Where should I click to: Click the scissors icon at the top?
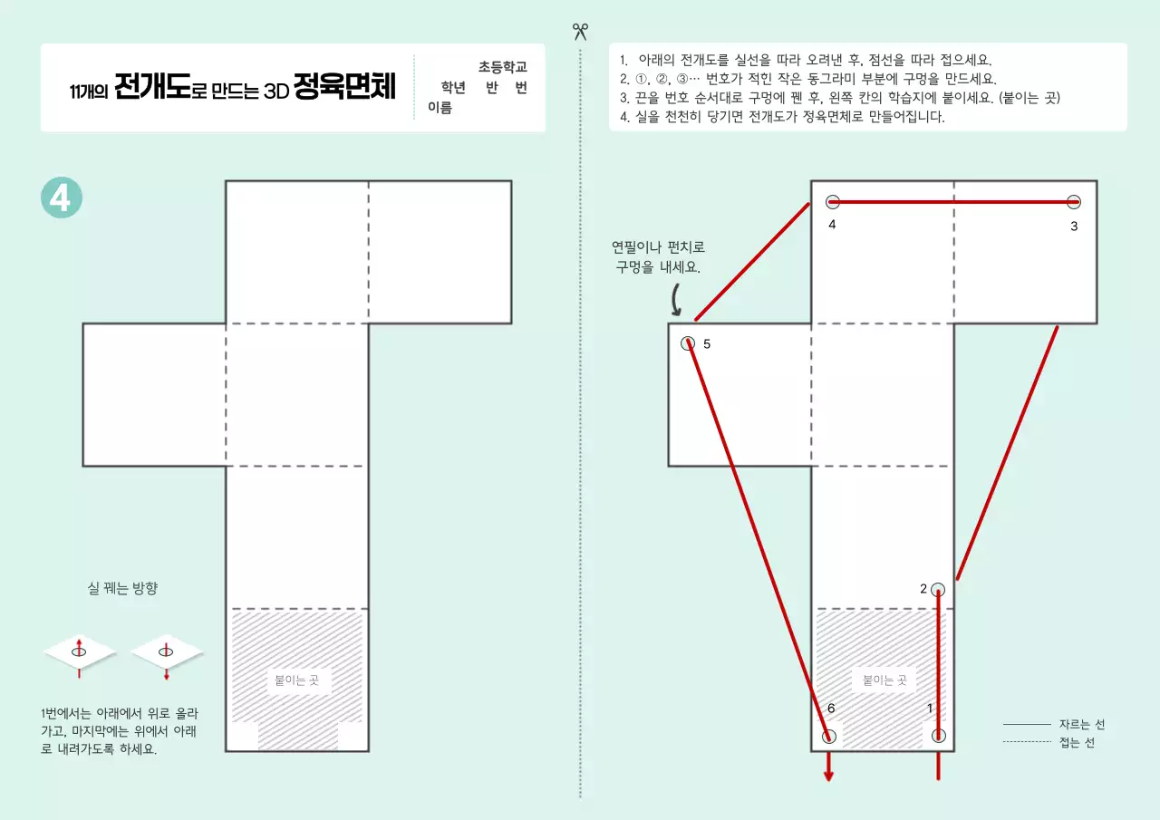point(580,32)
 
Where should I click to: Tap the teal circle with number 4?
point(62,198)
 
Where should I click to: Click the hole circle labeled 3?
point(1074,202)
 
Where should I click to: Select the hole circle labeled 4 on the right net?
point(833,202)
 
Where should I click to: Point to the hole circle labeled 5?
point(688,343)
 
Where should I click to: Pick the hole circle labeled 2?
point(938,589)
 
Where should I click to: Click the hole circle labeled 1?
point(938,735)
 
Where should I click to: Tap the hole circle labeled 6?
point(829,736)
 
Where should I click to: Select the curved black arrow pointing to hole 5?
point(677,298)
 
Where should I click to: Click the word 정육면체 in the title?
point(344,89)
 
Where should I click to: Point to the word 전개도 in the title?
point(152,89)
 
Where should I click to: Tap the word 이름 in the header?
point(440,109)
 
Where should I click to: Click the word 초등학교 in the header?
point(503,67)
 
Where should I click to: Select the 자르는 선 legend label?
point(1082,725)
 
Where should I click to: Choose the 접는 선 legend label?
point(1077,743)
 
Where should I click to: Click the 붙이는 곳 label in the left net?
point(297,680)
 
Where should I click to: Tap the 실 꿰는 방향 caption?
point(122,589)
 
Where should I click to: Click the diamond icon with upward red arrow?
point(80,651)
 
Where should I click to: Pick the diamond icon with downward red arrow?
point(167,651)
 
